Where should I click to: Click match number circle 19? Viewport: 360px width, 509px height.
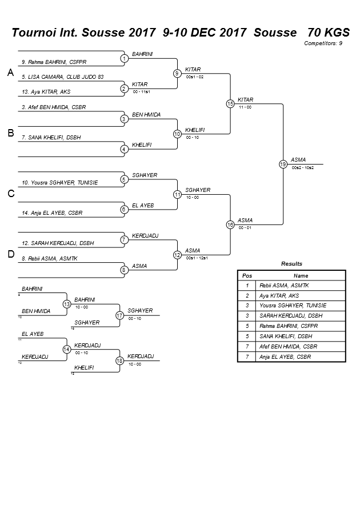click(283, 164)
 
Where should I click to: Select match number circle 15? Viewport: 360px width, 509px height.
click(230, 104)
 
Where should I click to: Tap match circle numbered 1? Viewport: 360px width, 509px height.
click(125, 58)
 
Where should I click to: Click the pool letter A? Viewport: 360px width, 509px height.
click(10, 73)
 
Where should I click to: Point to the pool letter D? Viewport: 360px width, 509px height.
click(10, 254)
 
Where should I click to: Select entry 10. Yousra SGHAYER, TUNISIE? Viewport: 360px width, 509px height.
click(59, 183)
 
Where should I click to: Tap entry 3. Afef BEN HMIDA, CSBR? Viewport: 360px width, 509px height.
click(54, 107)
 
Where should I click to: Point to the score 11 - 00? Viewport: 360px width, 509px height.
click(245, 107)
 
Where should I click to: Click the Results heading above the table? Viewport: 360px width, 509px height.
click(291, 264)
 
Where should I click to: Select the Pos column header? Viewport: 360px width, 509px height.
click(247, 275)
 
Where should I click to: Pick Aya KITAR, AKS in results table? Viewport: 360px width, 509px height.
click(279, 295)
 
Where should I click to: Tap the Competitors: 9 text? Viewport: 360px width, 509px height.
click(323, 43)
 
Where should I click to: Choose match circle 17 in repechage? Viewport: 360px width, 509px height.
click(119, 315)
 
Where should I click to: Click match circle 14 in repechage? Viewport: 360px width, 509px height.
click(66, 349)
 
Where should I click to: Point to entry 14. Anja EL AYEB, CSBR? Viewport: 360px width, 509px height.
click(52, 213)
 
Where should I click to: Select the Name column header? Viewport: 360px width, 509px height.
click(301, 275)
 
